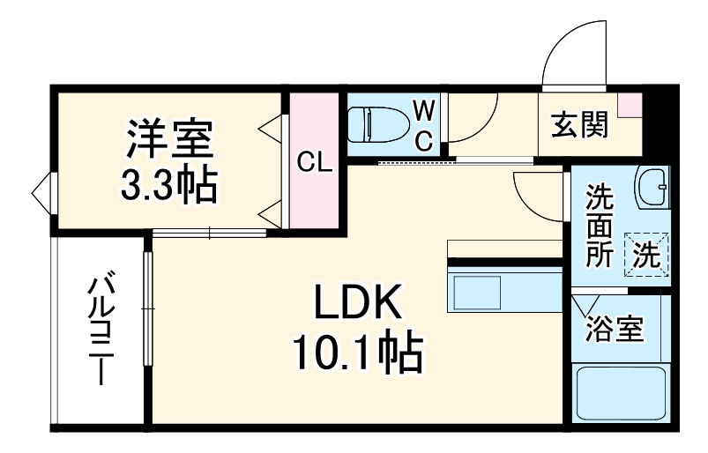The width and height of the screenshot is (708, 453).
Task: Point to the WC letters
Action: (x=424, y=124)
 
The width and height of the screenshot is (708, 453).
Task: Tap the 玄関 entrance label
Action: (x=579, y=126)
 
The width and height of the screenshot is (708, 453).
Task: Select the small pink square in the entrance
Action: (x=631, y=104)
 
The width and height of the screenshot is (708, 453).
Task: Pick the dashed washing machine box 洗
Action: (x=648, y=254)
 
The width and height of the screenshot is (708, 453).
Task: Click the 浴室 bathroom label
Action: (x=616, y=330)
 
